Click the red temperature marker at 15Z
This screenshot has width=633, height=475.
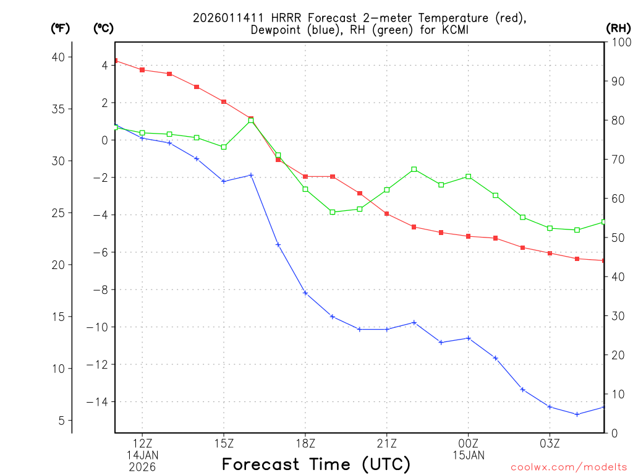(224, 102)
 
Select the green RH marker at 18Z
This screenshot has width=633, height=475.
(305, 189)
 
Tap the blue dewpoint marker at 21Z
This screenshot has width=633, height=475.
(387, 329)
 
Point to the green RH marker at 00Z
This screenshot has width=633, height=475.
(469, 176)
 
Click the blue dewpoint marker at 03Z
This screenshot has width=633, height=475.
(550, 406)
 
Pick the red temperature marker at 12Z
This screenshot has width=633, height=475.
(142, 70)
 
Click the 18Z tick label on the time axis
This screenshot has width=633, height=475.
(305, 443)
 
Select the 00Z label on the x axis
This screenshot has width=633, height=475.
(469, 443)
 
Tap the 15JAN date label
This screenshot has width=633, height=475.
(469, 455)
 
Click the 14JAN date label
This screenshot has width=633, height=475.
(142, 455)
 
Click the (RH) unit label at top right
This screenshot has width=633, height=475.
(618, 28)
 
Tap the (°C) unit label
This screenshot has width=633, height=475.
(103, 28)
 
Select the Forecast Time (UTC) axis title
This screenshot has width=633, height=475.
(316, 464)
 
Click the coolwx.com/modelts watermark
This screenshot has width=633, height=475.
(569, 467)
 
